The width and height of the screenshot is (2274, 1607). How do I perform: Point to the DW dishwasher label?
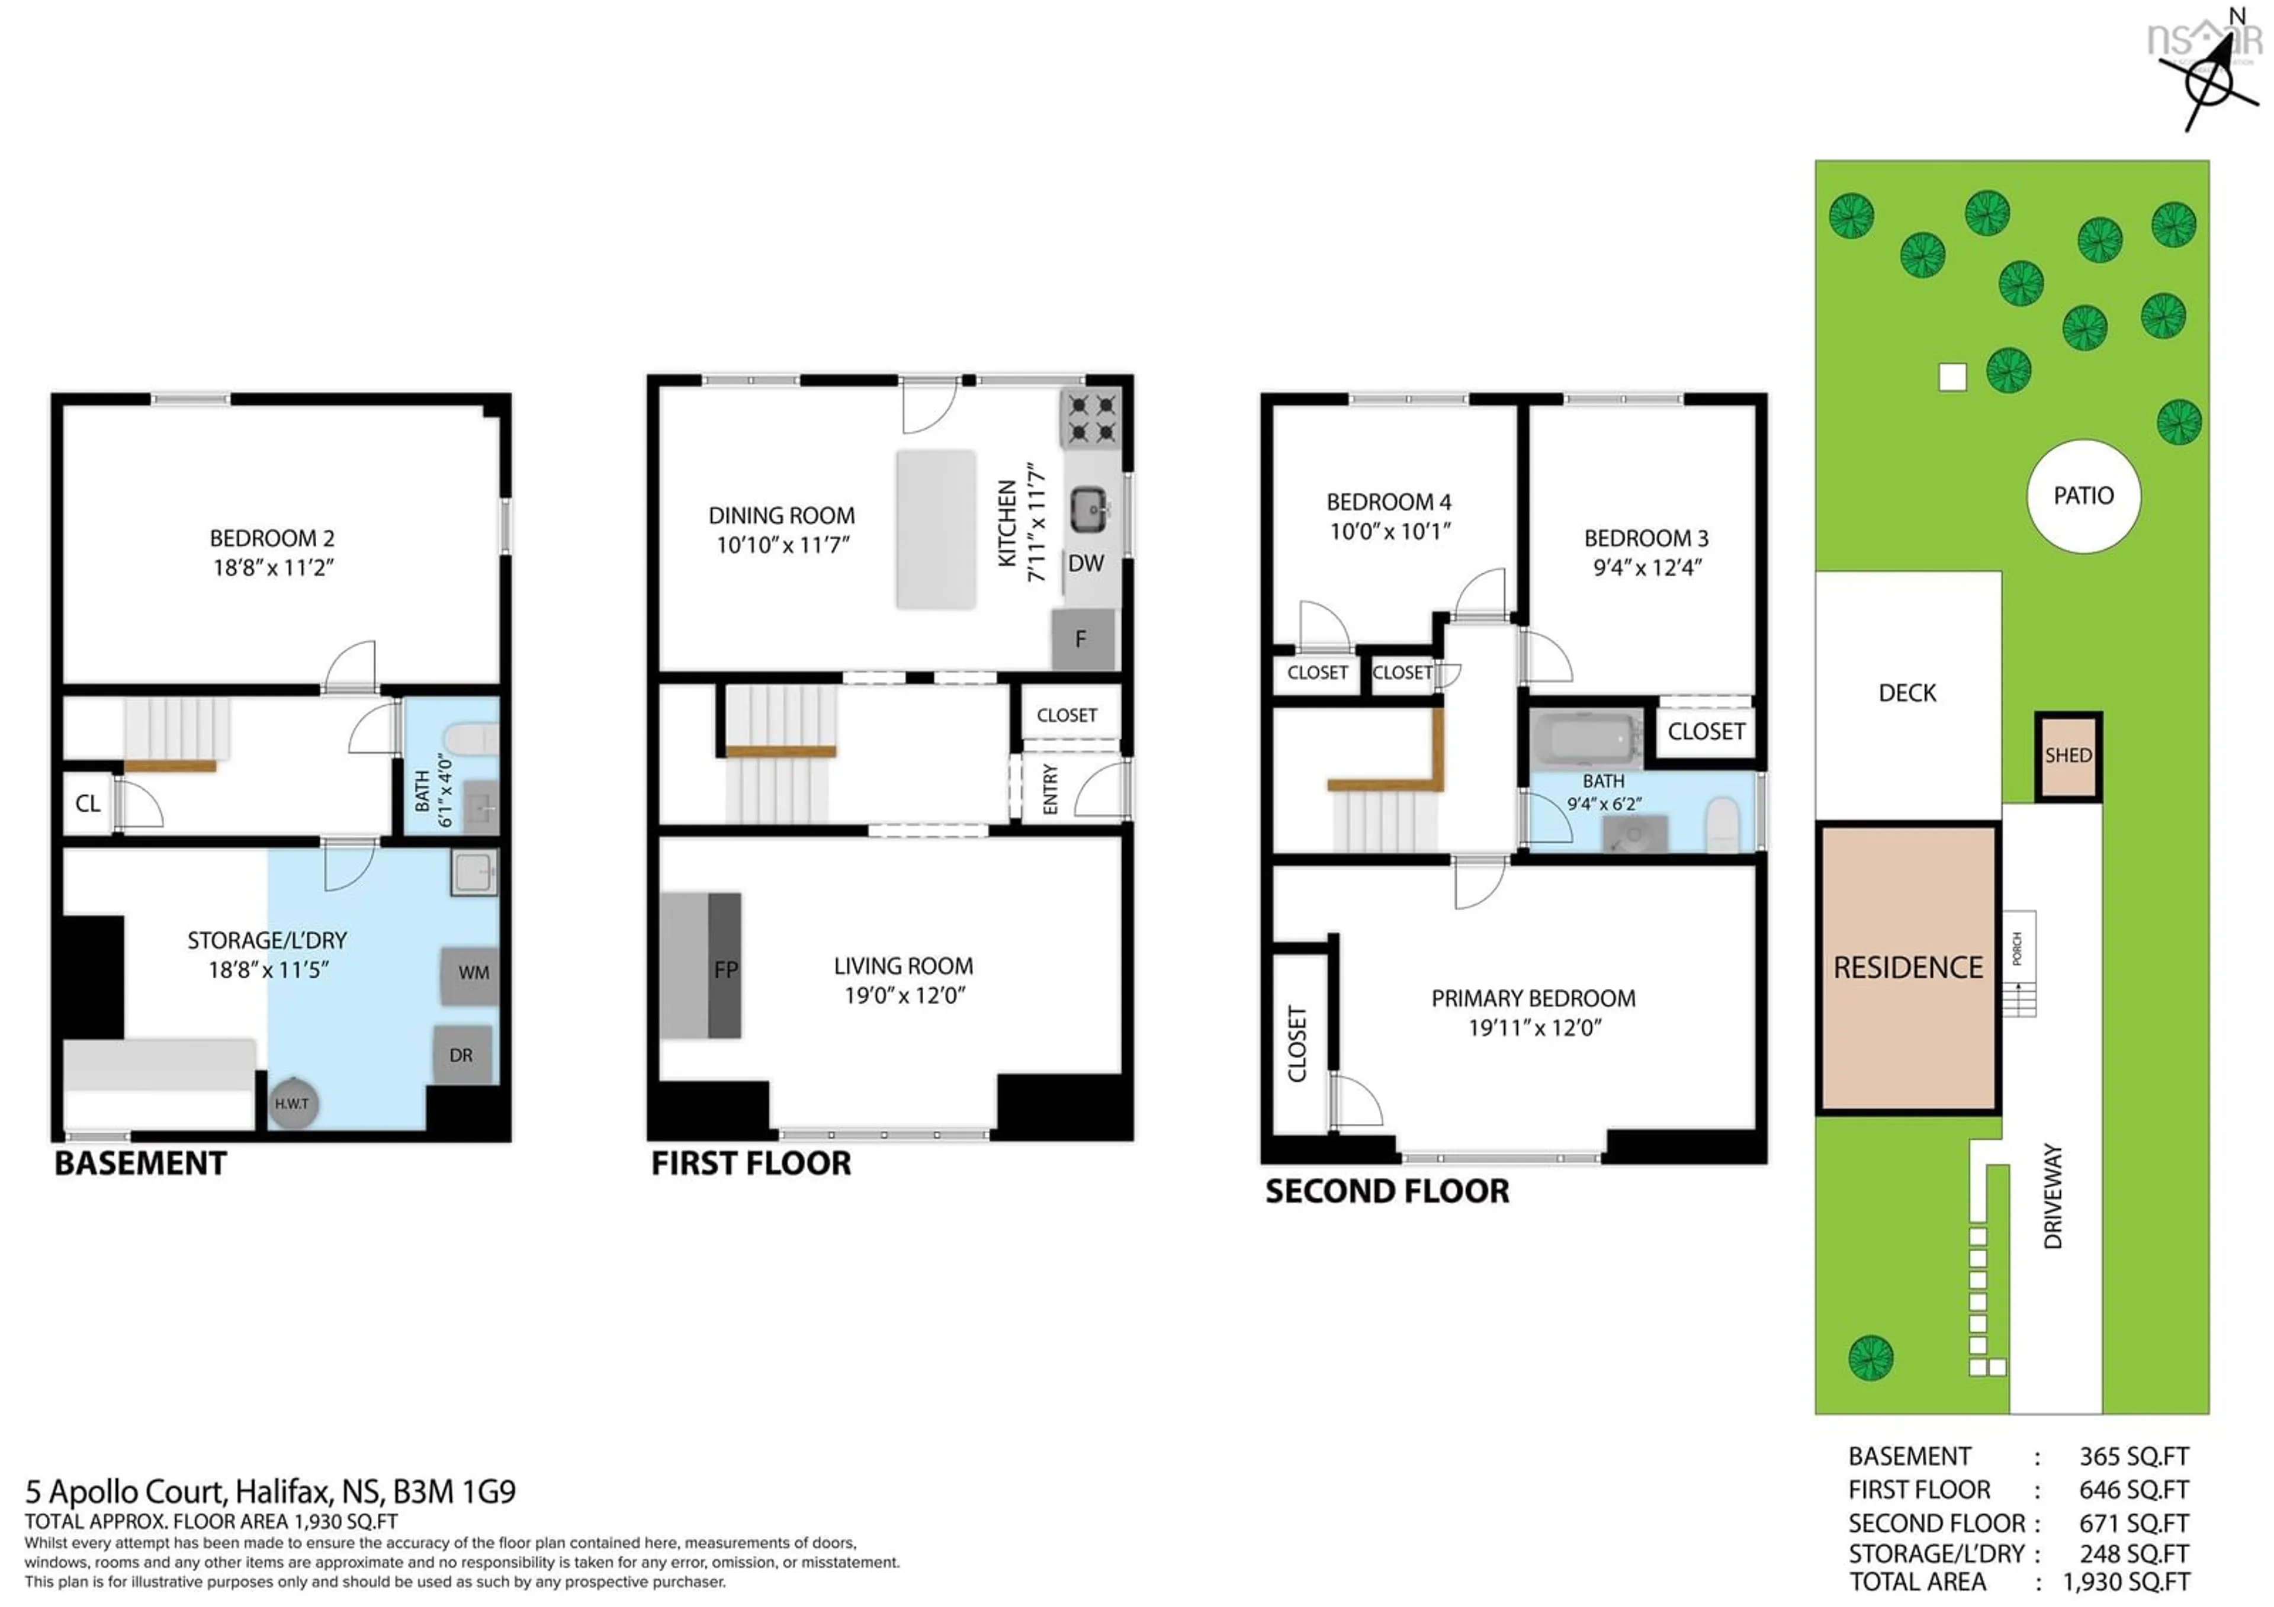1085,563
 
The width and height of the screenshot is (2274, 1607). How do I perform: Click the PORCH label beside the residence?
2018,949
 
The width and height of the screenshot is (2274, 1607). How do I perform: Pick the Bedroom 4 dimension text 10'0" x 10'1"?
1389,532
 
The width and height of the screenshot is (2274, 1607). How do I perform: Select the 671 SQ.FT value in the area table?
2134,1523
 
